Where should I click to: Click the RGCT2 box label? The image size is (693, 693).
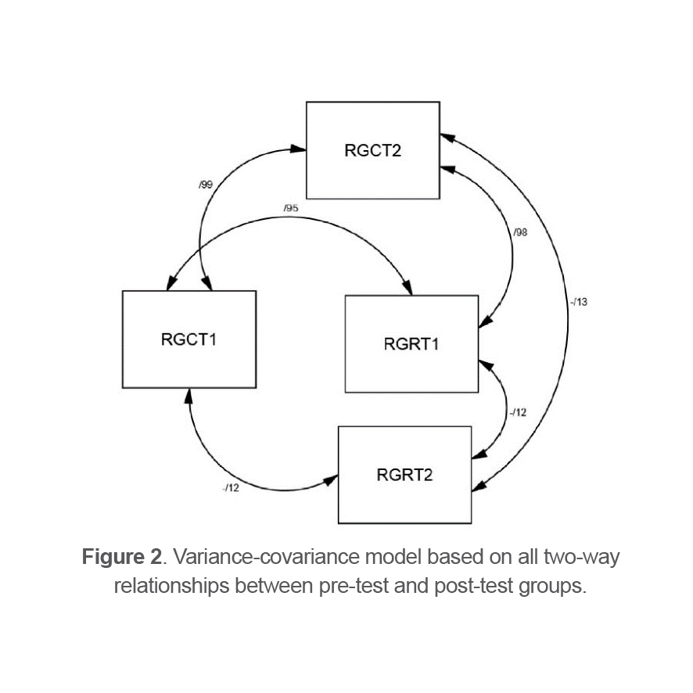tap(372, 150)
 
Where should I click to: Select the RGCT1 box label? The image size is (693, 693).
tap(189, 339)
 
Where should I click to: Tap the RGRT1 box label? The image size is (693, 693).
tap(411, 343)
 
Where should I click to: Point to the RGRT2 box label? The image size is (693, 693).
tap(404, 475)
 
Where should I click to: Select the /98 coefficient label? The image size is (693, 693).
tap(521, 232)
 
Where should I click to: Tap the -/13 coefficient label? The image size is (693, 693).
tap(579, 302)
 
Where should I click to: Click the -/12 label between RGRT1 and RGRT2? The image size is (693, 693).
tap(518, 412)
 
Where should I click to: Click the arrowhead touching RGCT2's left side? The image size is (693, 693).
tap(298, 148)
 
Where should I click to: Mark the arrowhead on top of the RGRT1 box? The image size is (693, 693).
tap(408, 289)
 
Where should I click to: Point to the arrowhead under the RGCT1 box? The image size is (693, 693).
tap(188, 396)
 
